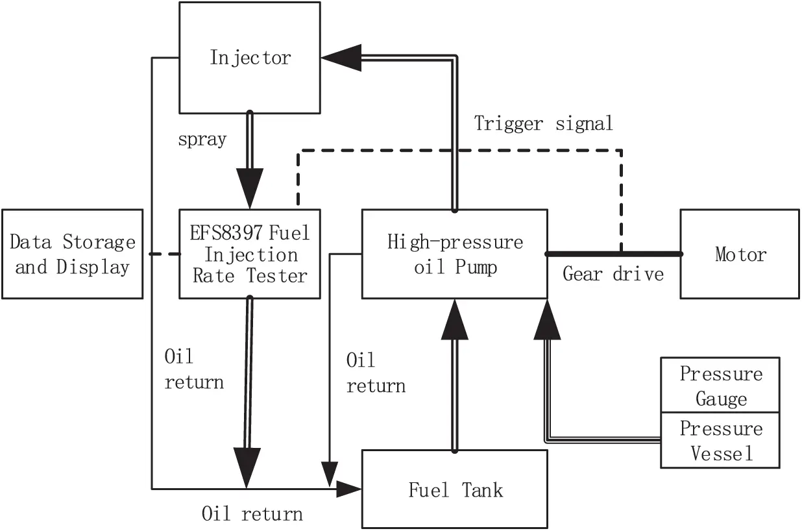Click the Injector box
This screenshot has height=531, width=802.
249,57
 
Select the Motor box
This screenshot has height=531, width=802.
740,254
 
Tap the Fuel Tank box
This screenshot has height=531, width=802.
454,488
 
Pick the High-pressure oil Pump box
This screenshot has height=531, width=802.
454,254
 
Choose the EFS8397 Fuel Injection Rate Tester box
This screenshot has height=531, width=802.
249,254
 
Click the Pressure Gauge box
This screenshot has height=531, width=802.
720,385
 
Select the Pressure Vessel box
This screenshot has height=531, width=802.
720,440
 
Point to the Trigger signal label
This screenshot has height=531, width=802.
543,123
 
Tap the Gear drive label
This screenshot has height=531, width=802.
613,274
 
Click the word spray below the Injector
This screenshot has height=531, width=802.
202,140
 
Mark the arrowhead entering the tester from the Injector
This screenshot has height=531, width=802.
249,188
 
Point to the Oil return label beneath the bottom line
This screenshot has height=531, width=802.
252,515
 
